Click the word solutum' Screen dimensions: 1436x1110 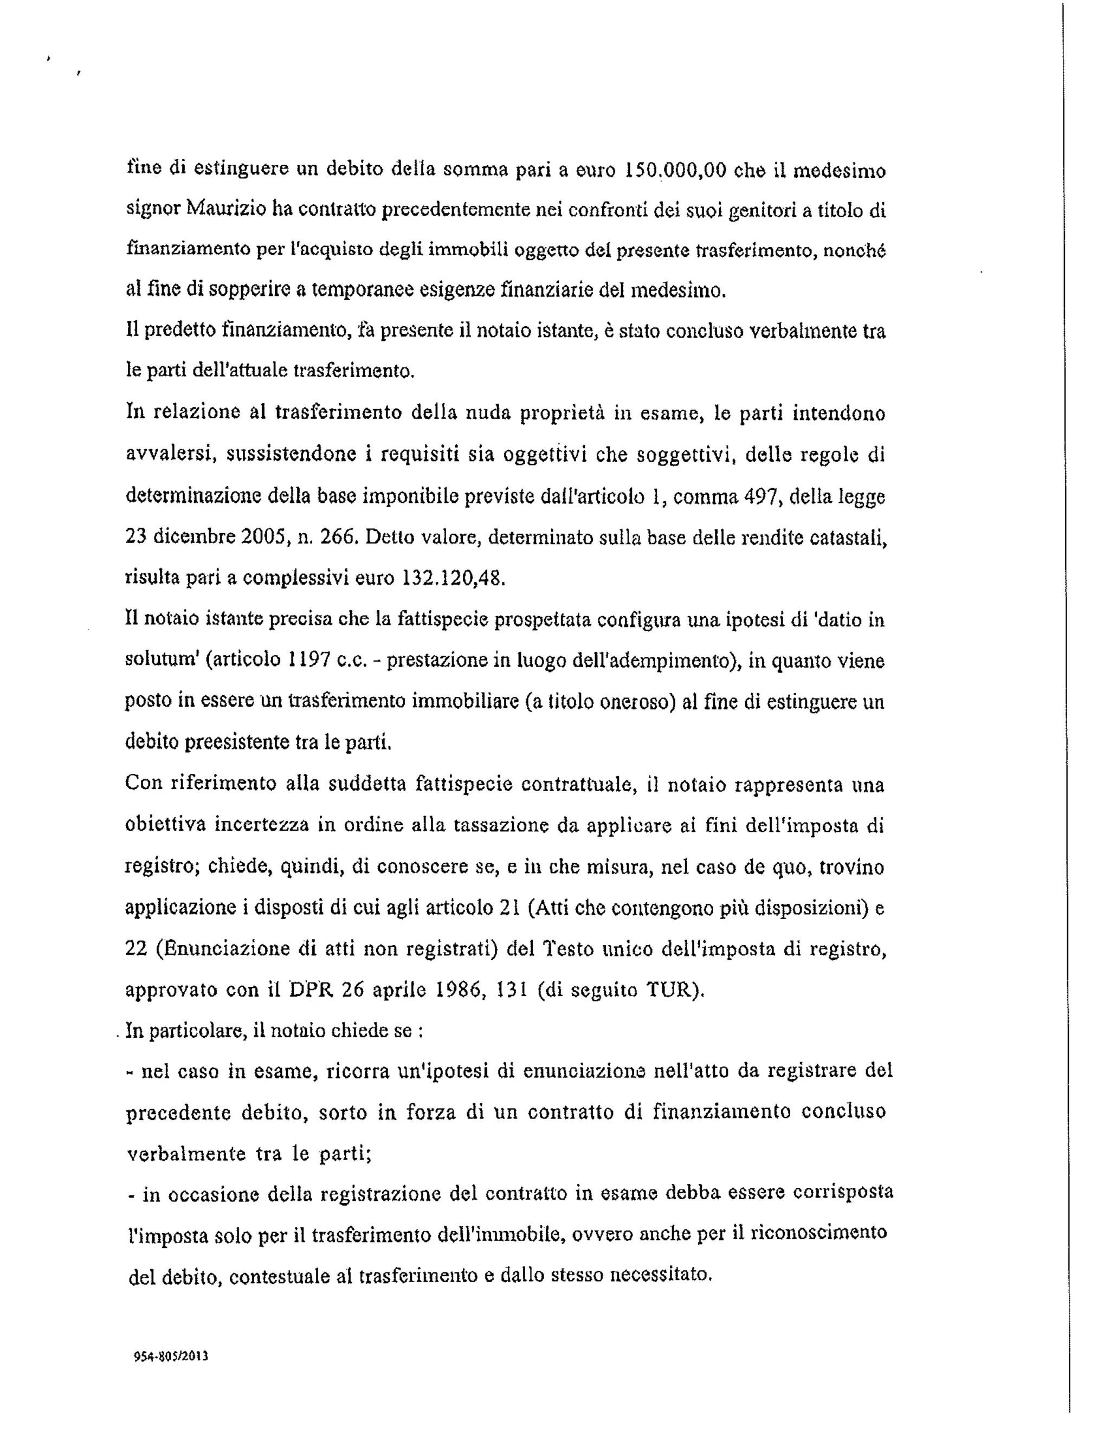pyautogui.click(x=162, y=660)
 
